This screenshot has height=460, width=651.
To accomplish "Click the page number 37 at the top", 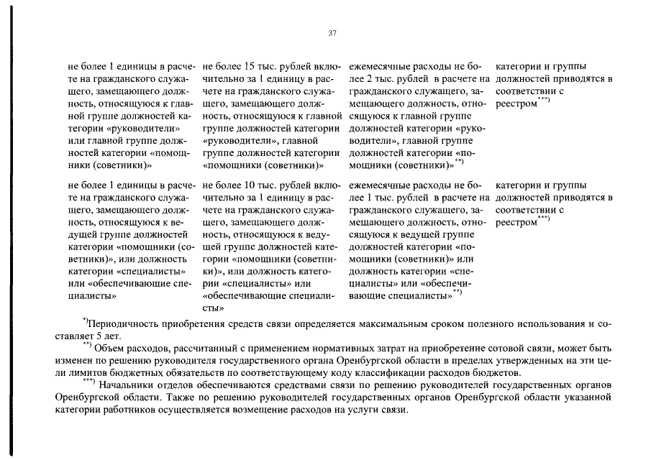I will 332,32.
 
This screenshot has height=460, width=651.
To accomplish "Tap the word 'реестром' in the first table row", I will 516,105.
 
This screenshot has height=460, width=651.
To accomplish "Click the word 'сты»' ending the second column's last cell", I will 214,307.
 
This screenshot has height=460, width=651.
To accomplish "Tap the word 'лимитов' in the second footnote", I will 82,374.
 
